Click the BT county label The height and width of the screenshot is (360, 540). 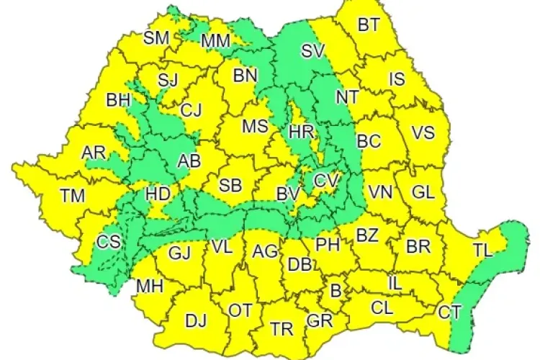tap(369, 25)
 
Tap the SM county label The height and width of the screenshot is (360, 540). tap(156, 38)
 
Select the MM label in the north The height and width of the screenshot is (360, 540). tap(215, 42)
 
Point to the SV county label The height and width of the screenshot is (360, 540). tap(313, 51)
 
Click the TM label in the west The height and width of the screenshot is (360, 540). tap(72, 195)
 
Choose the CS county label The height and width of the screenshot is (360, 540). tap(109, 243)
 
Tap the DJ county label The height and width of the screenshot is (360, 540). tap(196, 321)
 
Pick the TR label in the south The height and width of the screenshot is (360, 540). tap(282, 329)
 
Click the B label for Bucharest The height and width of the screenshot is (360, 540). tap(335, 291)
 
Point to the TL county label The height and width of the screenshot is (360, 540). tap(483, 250)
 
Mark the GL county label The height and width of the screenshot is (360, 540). tap(423, 192)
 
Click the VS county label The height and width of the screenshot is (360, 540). tap(423, 132)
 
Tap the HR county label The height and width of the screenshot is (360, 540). tap(300, 132)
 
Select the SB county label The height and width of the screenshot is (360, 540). tap(230, 185)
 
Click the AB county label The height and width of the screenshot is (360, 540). tap(189, 161)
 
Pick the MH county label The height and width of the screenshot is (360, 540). tap(150, 287)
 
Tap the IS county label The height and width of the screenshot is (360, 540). tap(397, 79)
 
